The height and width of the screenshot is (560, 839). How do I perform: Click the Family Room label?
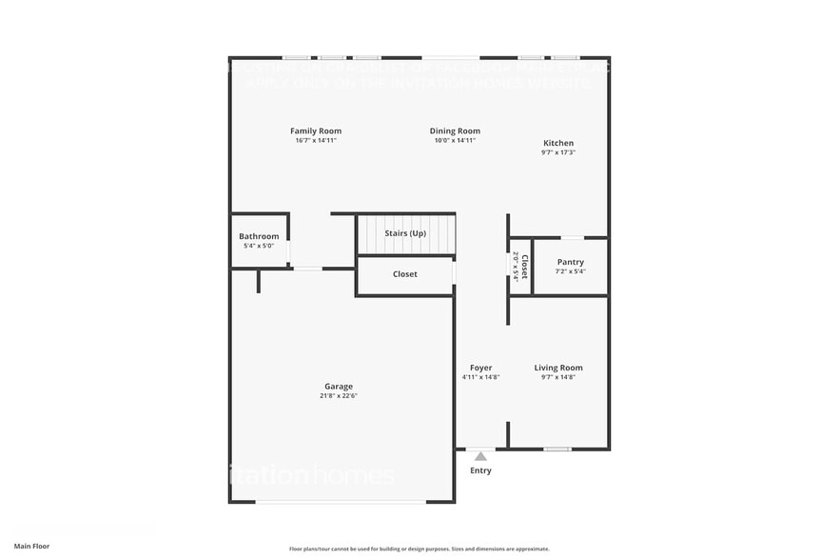click(x=316, y=130)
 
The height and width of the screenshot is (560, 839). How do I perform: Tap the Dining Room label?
click(x=455, y=130)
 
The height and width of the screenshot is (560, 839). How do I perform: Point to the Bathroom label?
click(x=259, y=236)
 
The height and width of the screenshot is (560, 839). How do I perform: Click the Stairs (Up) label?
click(x=405, y=233)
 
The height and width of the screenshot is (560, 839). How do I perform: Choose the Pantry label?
click(x=571, y=262)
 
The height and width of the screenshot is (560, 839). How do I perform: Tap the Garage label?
click(x=339, y=386)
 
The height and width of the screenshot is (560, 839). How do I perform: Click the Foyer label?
click(x=480, y=368)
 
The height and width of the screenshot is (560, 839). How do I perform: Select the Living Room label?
click(x=558, y=368)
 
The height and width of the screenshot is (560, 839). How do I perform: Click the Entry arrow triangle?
click(x=480, y=456)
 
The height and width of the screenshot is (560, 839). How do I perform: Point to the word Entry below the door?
click(x=481, y=470)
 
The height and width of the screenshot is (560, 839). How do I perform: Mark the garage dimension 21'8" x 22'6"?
click(x=339, y=396)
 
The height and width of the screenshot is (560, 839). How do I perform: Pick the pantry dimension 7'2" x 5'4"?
click(x=571, y=271)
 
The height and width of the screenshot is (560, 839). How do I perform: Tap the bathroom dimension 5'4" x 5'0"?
click(x=259, y=247)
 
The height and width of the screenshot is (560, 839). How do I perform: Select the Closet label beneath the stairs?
click(x=405, y=274)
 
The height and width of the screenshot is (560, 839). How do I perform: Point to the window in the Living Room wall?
click(x=557, y=449)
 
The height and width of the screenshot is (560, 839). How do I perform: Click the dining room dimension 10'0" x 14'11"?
click(x=455, y=140)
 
